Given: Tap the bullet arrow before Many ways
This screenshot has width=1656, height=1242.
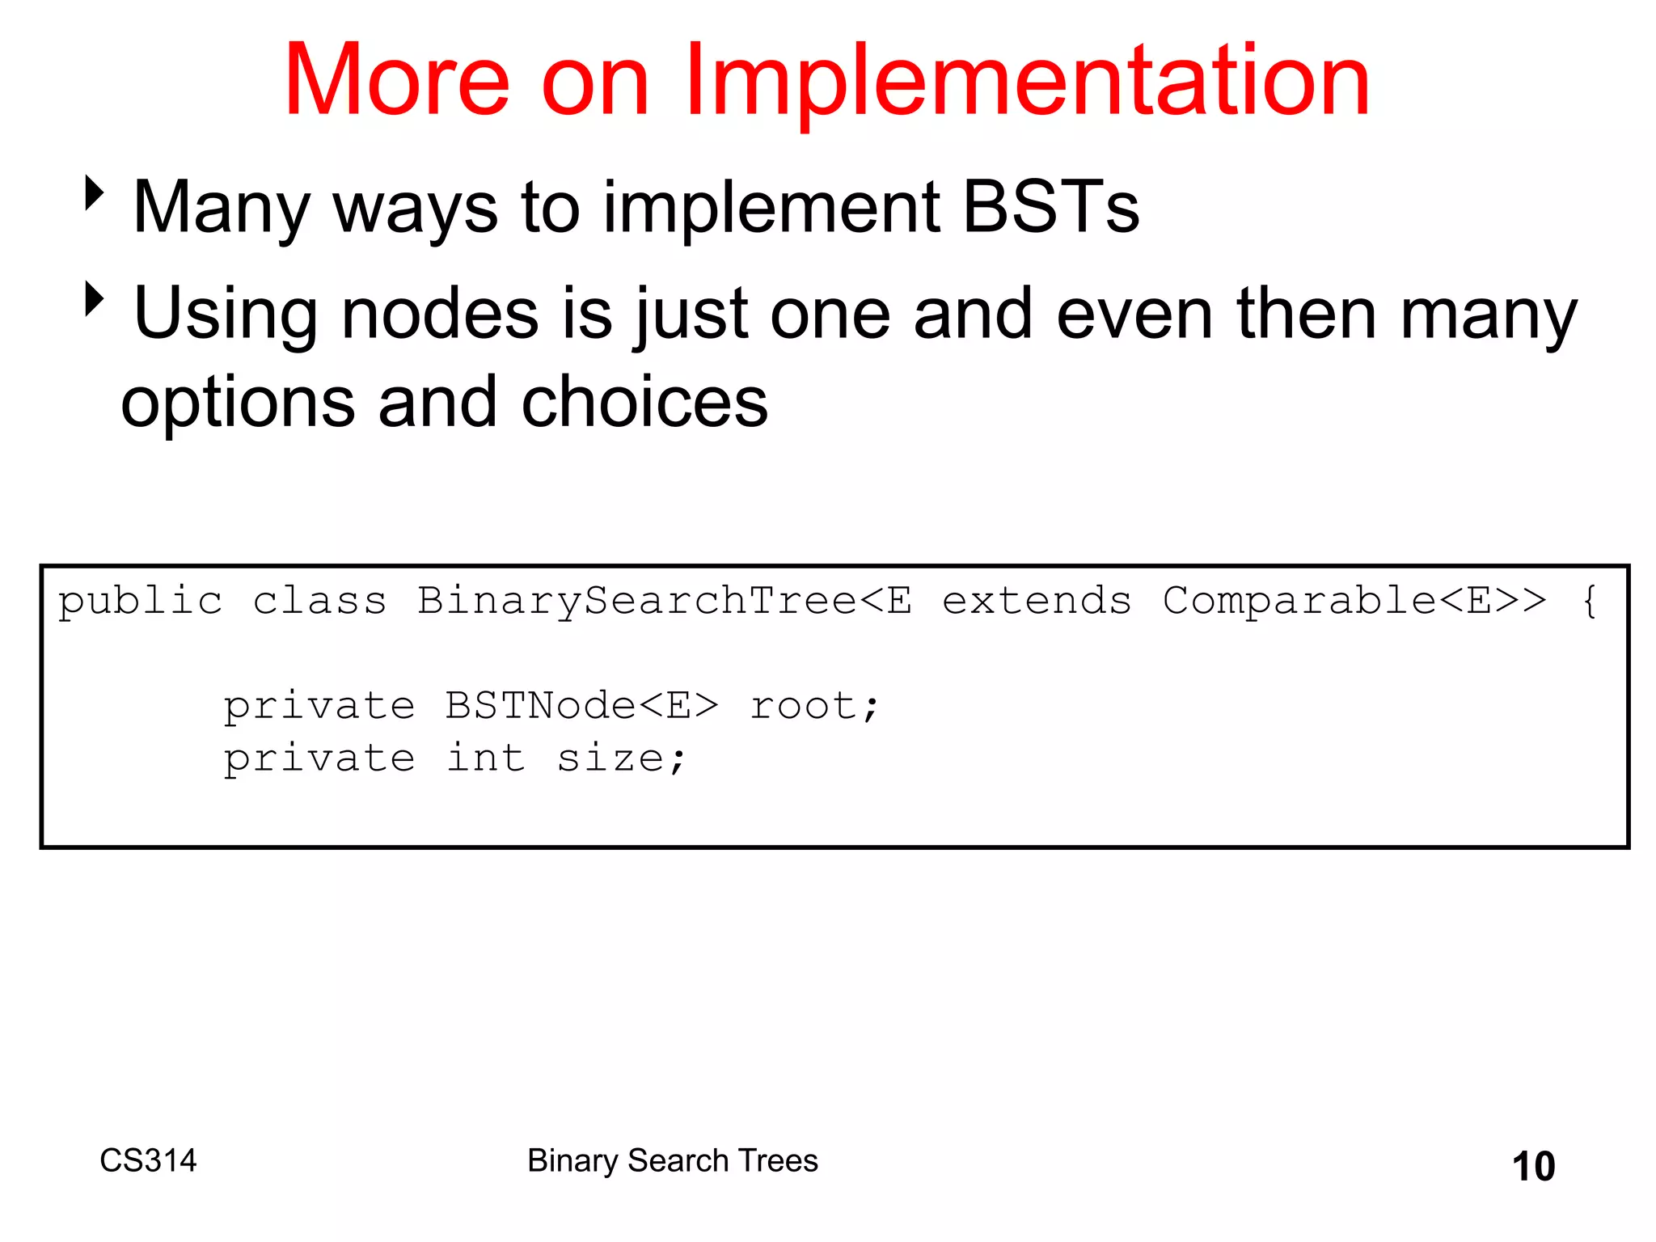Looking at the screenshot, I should tap(95, 193).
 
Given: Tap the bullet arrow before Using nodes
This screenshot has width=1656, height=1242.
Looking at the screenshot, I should tap(95, 298).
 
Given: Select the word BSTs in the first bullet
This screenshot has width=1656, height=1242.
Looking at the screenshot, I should tap(1050, 208).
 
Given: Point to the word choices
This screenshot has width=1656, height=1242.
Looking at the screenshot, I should tap(644, 403).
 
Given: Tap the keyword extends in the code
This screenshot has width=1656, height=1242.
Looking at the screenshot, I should tap(1037, 601).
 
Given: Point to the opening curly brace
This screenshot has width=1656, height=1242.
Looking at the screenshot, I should tap(1589, 601).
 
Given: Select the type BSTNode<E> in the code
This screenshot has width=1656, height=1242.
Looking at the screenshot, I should tap(581, 706).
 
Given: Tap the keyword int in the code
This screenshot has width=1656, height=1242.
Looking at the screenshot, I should tap(486, 758).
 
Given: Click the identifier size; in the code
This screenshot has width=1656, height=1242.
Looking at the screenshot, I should tap(622, 758).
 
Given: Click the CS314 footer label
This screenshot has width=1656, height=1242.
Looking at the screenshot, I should tap(148, 1160).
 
